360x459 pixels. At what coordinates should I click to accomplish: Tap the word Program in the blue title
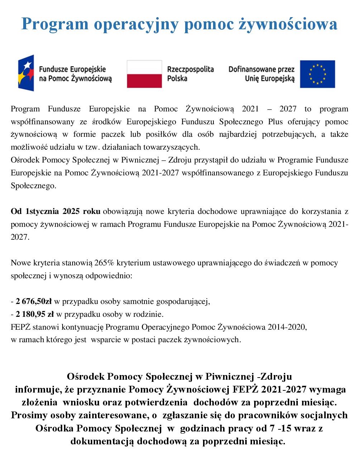tap(55, 24)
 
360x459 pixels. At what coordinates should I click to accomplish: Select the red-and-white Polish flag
tap(144, 74)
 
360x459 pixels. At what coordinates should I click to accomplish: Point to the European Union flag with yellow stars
tap(317, 74)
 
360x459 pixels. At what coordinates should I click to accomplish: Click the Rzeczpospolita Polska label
tap(190, 74)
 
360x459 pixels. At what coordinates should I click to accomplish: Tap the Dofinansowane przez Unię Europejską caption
tap(262, 74)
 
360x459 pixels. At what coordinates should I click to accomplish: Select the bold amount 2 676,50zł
tap(34, 301)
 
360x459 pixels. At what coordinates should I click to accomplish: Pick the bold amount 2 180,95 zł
tap(35, 314)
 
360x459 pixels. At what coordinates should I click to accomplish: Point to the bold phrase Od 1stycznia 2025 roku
tap(55, 211)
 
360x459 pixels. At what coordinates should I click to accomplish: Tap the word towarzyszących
tap(172, 147)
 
